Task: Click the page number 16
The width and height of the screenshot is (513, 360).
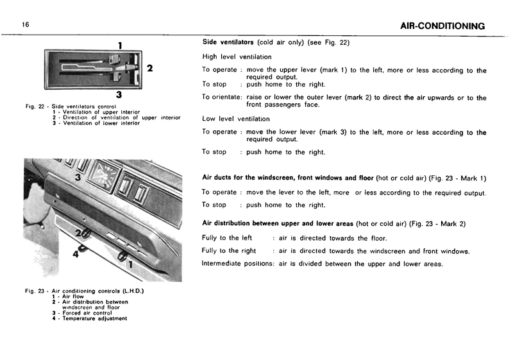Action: tap(25, 24)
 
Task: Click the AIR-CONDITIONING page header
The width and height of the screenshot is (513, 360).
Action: tap(442, 26)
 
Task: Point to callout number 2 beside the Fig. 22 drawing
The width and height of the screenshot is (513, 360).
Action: tap(149, 68)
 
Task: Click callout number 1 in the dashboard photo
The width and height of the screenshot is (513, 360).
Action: tap(131, 262)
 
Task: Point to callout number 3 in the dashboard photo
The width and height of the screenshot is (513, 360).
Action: tap(77, 177)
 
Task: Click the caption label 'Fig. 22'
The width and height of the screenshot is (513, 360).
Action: tap(35, 106)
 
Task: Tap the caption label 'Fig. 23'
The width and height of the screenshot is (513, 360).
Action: tap(35, 291)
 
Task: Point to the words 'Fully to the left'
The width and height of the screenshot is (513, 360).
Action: tap(227, 238)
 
